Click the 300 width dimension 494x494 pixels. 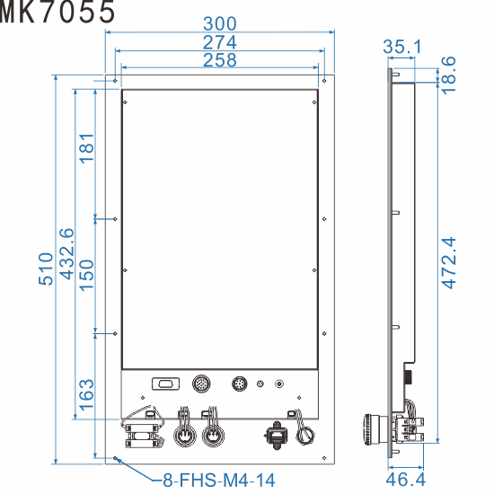coord(220,22)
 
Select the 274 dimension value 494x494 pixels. coord(220,41)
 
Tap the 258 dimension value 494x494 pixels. coord(220,60)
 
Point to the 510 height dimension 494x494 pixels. coord(47,269)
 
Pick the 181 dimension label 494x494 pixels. coord(86,147)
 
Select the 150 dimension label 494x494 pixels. coord(86,276)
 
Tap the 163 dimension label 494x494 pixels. coord(86,394)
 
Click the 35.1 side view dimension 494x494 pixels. coord(402,47)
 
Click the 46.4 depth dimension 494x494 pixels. coord(406,479)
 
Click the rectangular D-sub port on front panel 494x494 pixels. coord(163,384)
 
